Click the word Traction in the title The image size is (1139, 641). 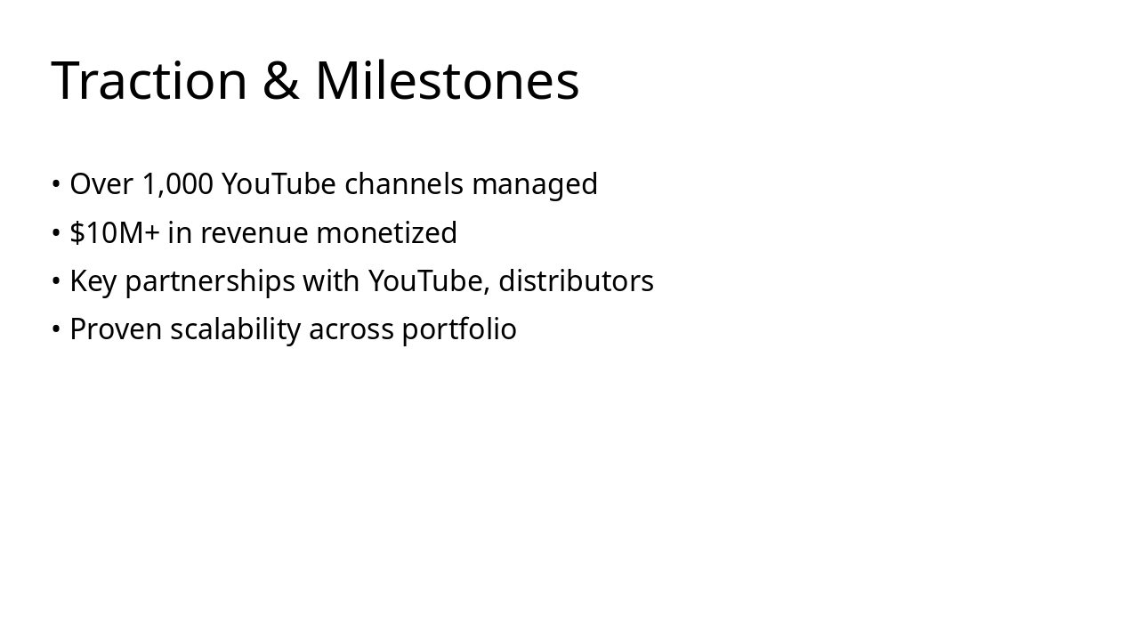tap(149, 80)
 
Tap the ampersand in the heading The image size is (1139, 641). tap(280, 80)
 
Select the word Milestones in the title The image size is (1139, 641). tap(447, 80)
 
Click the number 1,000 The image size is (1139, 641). tap(178, 184)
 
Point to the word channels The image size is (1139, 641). tap(404, 184)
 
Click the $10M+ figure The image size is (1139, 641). tap(115, 232)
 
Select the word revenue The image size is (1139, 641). tap(254, 233)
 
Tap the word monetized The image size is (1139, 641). tap(386, 232)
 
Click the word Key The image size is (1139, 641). tap(93, 281)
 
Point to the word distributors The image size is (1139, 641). tap(576, 280)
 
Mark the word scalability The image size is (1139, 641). tap(236, 329)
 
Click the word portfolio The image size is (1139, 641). tap(459, 329)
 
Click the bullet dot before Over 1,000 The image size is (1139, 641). tap(56, 184)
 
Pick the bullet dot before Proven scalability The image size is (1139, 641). tap(56, 329)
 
